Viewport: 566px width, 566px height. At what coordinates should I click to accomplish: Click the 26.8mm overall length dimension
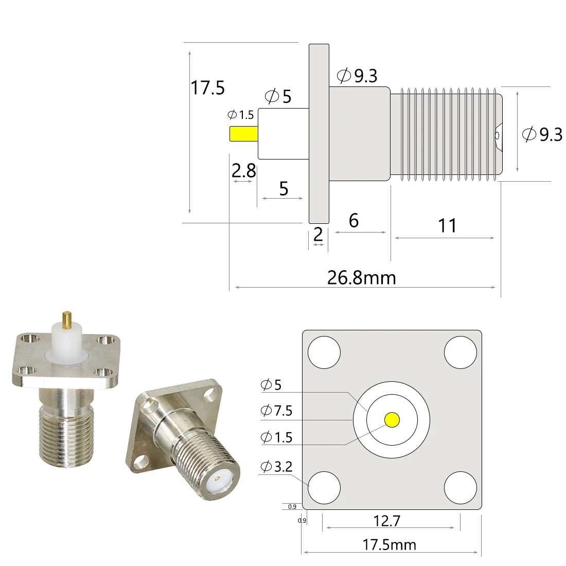click(362, 278)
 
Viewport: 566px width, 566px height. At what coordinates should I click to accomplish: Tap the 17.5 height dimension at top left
click(208, 88)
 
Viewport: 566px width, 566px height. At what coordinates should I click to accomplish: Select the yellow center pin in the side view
click(243, 133)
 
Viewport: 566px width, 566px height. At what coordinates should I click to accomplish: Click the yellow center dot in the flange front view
click(392, 420)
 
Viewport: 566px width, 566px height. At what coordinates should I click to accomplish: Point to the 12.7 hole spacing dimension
click(386, 521)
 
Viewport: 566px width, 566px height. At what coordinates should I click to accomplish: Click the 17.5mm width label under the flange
click(389, 544)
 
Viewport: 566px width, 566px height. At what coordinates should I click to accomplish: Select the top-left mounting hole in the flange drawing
click(324, 352)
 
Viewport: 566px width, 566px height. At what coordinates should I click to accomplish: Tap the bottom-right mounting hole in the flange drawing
click(460, 487)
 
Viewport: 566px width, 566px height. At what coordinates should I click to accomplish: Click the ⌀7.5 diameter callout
click(276, 411)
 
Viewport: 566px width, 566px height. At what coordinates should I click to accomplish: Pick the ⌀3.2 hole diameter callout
click(276, 467)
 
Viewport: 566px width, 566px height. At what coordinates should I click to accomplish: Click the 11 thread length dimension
click(447, 225)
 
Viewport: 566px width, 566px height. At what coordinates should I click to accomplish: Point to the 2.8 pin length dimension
click(243, 170)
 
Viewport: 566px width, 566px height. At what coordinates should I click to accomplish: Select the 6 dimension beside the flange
click(353, 220)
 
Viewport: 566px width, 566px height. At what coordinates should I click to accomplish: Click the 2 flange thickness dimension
click(318, 235)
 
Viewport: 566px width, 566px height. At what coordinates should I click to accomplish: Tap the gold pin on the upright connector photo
click(67, 320)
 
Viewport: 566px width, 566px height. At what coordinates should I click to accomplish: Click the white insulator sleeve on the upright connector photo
click(66, 342)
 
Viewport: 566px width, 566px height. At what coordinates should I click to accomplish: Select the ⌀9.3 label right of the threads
click(542, 134)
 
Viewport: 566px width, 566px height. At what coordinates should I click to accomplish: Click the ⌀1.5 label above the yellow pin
click(241, 115)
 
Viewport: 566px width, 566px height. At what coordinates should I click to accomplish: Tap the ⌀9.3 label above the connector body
click(357, 76)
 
